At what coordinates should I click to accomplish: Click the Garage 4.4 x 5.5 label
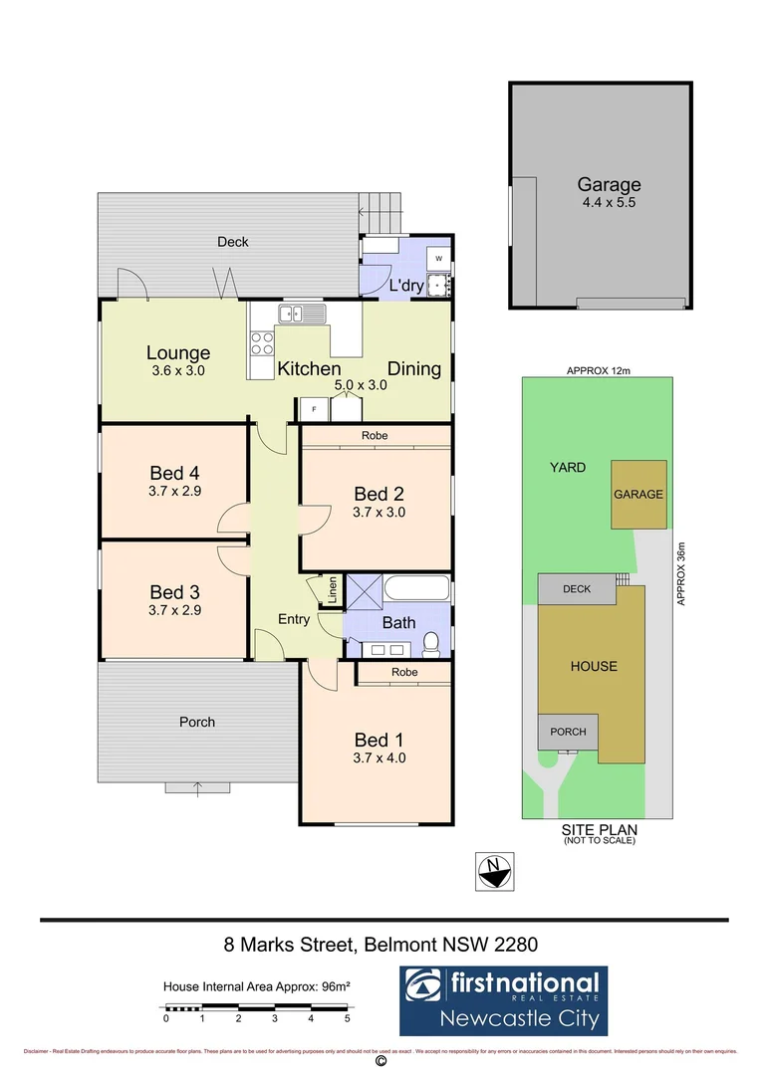(x=609, y=191)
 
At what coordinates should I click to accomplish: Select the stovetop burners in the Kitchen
(x=261, y=343)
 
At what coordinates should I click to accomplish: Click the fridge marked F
(x=314, y=409)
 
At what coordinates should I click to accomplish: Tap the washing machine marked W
(x=438, y=258)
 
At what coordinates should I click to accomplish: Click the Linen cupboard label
(x=332, y=591)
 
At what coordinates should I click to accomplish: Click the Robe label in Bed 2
(x=376, y=436)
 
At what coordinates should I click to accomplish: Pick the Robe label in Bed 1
(x=404, y=673)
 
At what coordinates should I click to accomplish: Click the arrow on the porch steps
(x=197, y=788)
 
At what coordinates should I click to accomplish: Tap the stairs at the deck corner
(x=383, y=210)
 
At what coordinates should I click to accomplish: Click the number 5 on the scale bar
(x=348, y=1018)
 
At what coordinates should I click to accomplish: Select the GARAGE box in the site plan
(x=638, y=495)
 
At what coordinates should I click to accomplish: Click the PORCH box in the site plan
(x=568, y=732)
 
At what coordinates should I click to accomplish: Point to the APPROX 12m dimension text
(x=599, y=370)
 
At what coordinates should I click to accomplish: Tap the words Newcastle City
(x=522, y=1018)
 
